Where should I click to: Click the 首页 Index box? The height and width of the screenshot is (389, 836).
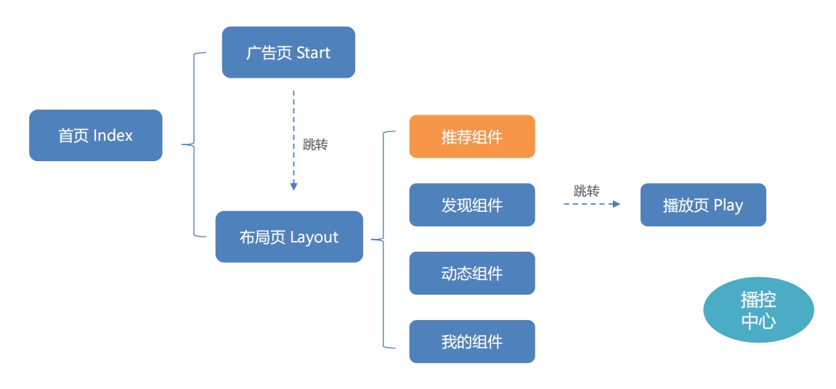click(95, 136)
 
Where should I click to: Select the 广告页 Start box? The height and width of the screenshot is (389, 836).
click(288, 52)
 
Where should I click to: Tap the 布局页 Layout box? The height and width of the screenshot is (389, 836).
click(289, 237)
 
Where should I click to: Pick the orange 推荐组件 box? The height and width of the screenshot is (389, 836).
click(472, 136)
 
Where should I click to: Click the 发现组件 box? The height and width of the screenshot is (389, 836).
click(472, 205)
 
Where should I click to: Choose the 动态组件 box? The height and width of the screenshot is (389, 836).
click(472, 273)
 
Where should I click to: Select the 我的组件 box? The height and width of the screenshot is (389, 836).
click(472, 341)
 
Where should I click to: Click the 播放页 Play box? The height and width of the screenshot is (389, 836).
click(703, 205)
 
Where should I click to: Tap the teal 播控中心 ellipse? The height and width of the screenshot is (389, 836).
click(758, 310)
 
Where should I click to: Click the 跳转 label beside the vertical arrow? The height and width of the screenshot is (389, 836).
click(315, 144)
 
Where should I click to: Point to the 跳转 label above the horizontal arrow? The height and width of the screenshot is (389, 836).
click(586, 192)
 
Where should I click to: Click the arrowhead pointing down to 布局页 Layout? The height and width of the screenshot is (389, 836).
click(293, 187)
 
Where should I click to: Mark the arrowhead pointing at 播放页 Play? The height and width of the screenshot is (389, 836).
click(617, 205)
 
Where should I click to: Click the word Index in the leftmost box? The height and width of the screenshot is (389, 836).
click(113, 136)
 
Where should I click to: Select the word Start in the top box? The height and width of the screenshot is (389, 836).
click(314, 53)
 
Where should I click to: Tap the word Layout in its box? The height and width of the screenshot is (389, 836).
click(314, 237)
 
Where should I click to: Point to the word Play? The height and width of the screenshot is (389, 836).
click(728, 205)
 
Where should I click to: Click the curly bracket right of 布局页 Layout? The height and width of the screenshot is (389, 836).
click(382, 239)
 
